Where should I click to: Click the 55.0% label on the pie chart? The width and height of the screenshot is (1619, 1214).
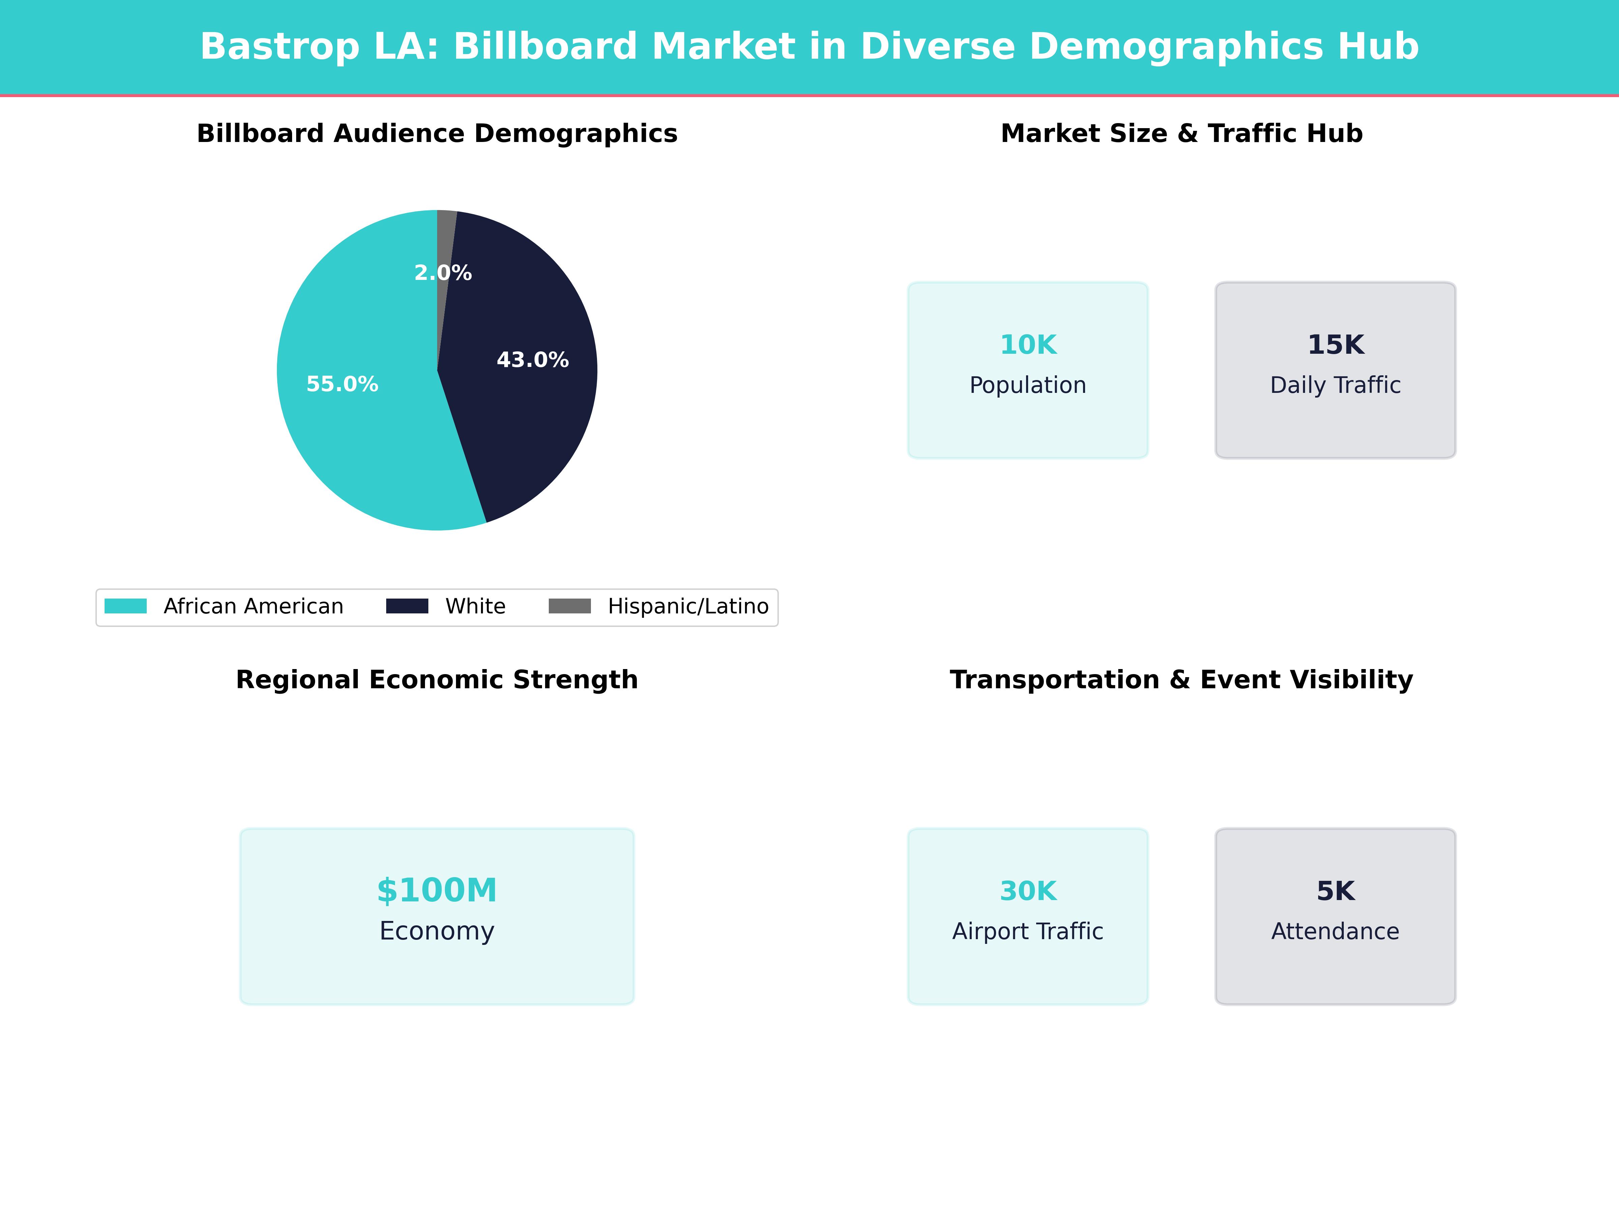[342, 384]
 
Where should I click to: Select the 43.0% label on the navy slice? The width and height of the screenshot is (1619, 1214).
[532, 360]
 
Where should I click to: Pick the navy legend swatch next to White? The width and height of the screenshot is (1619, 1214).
[407, 606]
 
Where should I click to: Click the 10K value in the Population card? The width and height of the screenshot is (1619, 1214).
[1028, 345]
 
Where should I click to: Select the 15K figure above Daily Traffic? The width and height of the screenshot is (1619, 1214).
[1335, 345]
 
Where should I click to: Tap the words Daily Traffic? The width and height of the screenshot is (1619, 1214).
[1335, 385]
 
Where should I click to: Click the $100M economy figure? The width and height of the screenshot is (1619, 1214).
[437, 891]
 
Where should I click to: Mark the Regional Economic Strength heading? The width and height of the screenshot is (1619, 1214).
[437, 680]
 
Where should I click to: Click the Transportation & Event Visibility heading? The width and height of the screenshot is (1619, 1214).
[1181, 680]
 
